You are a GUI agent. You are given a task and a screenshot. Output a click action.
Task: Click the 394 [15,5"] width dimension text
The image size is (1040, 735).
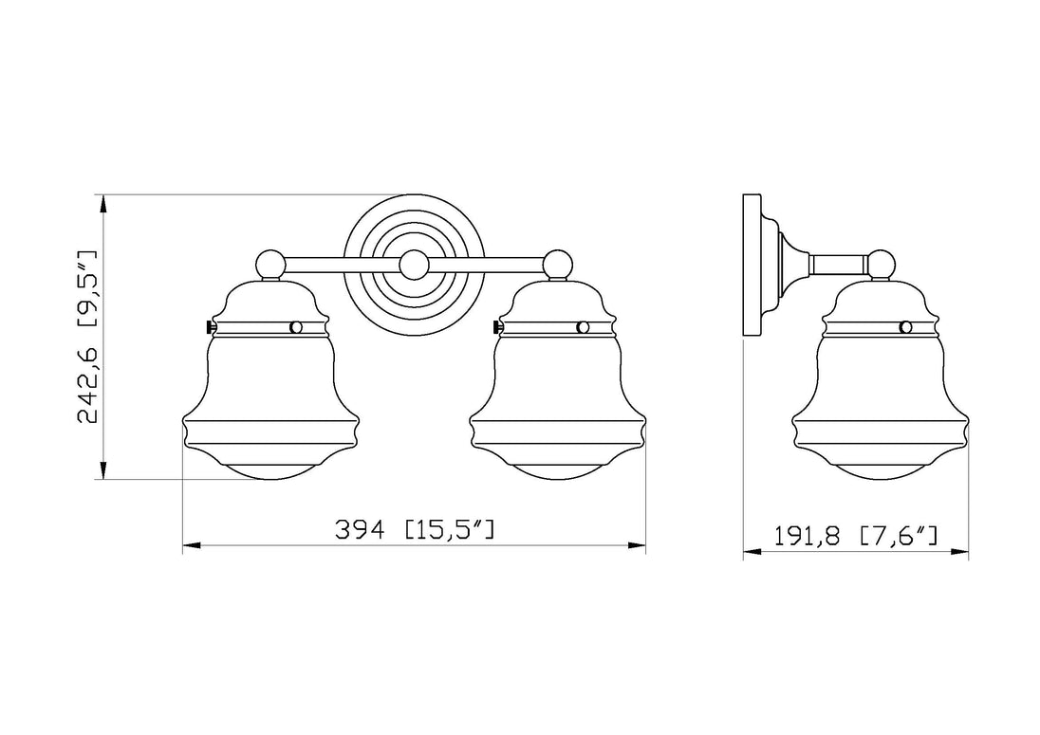(415, 529)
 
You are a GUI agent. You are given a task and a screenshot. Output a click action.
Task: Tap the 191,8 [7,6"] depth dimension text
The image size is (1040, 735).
(856, 536)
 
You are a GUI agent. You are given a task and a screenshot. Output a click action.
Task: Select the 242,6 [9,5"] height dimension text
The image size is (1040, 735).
(87, 338)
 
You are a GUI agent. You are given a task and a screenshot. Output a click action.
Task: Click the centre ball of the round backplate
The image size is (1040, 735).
(415, 266)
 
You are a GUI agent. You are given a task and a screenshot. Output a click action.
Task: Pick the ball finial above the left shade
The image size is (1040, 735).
(269, 265)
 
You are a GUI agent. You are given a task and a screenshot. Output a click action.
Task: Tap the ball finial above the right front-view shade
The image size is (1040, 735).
(557, 265)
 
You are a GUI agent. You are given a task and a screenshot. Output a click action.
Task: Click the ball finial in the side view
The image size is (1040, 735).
(882, 265)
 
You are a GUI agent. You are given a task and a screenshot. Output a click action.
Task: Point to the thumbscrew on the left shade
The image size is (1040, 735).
(211, 327)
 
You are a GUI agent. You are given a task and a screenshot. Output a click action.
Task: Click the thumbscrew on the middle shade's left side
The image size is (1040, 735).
(498, 327)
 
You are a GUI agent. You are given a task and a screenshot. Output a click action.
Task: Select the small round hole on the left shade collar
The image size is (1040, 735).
(296, 327)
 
